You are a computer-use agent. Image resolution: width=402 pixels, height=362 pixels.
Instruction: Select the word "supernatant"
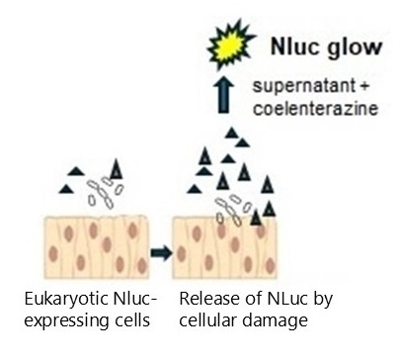click(303, 86)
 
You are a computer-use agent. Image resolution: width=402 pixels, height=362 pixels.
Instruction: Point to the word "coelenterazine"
click(315, 108)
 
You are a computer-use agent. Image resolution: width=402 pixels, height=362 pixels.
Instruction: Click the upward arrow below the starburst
click(223, 95)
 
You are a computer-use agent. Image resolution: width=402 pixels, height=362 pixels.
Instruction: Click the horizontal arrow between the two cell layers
click(161, 253)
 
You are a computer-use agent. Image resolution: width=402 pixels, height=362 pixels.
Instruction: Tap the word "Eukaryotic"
click(66, 300)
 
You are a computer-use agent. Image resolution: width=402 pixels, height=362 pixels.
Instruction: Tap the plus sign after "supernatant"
click(363, 86)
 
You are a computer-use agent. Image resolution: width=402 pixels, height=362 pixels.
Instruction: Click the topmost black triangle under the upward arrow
click(231, 133)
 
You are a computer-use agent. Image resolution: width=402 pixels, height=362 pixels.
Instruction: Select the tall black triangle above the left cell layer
click(116, 169)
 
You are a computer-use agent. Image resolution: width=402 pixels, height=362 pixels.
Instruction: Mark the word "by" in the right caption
click(323, 300)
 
